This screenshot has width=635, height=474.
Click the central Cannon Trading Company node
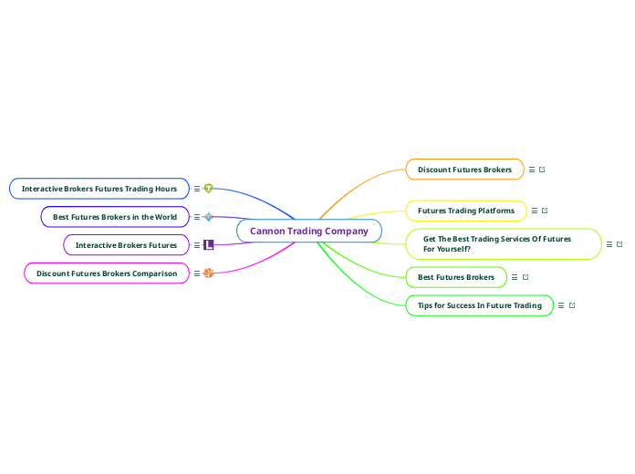pyautogui.click(x=308, y=231)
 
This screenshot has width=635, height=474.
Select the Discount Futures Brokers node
pyautogui.click(x=464, y=170)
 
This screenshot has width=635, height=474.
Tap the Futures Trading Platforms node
pyautogui.click(x=465, y=211)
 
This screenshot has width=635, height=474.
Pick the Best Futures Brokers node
pyautogui.click(x=455, y=276)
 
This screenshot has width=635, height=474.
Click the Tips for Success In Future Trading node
pyautogui.click(x=479, y=305)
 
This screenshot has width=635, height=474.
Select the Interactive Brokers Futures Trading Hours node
pyautogui.click(x=99, y=189)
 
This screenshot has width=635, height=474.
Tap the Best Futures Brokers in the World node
pyautogui.click(x=115, y=217)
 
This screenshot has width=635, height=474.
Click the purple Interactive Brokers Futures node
pyautogui.click(x=126, y=245)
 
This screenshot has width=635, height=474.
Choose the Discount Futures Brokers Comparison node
pyautogui.click(x=107, y=273)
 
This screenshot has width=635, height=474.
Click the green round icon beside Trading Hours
pyautogui.click(x=209, y=189)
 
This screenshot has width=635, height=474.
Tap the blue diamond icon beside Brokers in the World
pyautogui.click(x=209, y=217)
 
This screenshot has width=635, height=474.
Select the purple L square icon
pyautogui.click(x=209, y=245)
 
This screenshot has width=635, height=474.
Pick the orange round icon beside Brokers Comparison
pyautogui.click(x=209, y=273)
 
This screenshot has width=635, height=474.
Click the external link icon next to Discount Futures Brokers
pyautogui.click(x=543, y=170)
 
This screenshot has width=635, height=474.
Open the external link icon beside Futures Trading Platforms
pyautogui.click(x=545, y=211)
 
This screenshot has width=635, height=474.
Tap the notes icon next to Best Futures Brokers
pyautogui.click(x=515, y=276)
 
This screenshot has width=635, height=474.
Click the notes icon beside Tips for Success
pyautogui.click(x=561, y=305)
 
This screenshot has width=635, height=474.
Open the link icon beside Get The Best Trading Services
pyautogui.click(x=620, y=244)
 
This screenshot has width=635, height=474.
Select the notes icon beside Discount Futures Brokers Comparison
pyautogui.click(x=197, y=273)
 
